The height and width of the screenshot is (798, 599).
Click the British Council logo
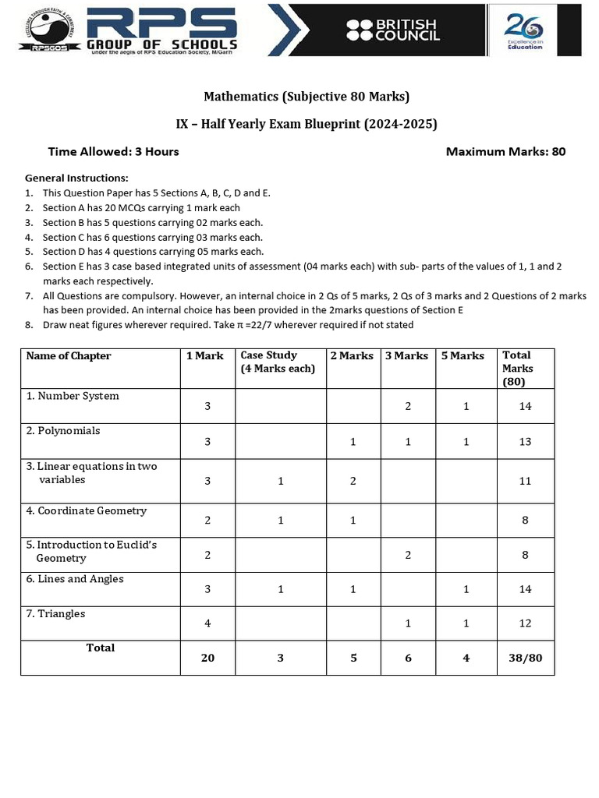pos(393,30)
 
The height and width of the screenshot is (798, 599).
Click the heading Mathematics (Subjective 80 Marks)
pos(307,97)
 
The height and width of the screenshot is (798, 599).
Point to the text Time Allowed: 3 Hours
pos(113,151)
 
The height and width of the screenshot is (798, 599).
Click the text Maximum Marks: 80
pos(505,151)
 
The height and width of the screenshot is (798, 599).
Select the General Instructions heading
pos(76,178)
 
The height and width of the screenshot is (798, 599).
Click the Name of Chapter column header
pos(69,356)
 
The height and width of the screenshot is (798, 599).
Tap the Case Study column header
pos(277,362)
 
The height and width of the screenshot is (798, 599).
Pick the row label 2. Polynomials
pos(63,430)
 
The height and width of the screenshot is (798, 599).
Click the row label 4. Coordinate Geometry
pos(87,510)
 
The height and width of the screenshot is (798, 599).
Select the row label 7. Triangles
pos(56,613)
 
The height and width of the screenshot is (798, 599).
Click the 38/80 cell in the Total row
pos(525,658)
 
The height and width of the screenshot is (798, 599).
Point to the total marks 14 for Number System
pos(525,406)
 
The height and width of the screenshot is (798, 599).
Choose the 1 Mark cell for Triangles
pos(207,623)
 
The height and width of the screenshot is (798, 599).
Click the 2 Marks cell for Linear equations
pos(353,481)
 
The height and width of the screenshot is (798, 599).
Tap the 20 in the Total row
pos(207,658)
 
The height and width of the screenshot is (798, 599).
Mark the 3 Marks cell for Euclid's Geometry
pos(406,555)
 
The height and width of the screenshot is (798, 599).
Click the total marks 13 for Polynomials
pos(525,442)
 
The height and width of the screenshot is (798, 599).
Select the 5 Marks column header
pos(463,356)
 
